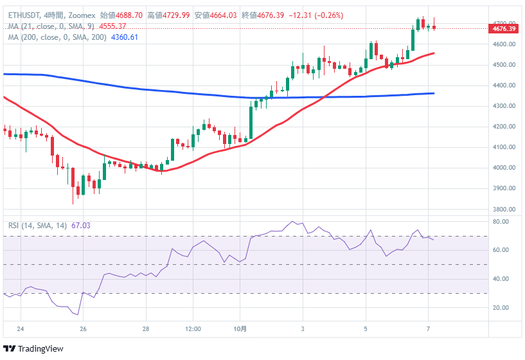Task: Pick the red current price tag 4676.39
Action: [503, 28]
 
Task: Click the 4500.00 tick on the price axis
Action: [504, 65]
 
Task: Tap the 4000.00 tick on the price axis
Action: [504, 168]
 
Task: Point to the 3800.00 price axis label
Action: [504, 210]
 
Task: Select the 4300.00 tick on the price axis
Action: [504, 106]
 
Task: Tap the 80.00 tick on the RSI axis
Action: [501, 222]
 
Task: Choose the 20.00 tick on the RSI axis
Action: [501, 308]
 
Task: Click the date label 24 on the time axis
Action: [21, 329]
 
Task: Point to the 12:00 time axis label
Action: [193, 329]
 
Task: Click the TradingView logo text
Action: [40, 348]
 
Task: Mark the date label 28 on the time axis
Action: [147, 329]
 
